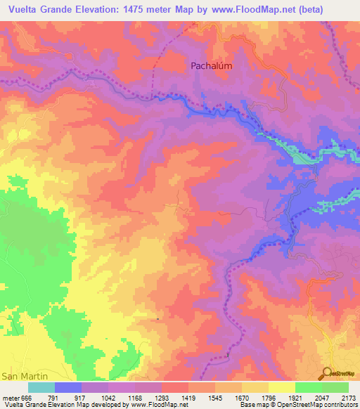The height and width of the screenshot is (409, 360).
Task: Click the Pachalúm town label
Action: coord(212,65)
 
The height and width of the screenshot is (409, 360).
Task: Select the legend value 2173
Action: coord(349,397)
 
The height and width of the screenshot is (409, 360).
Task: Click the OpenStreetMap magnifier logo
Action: coord(327,372)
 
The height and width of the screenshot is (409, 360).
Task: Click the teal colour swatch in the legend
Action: coord(41,387)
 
